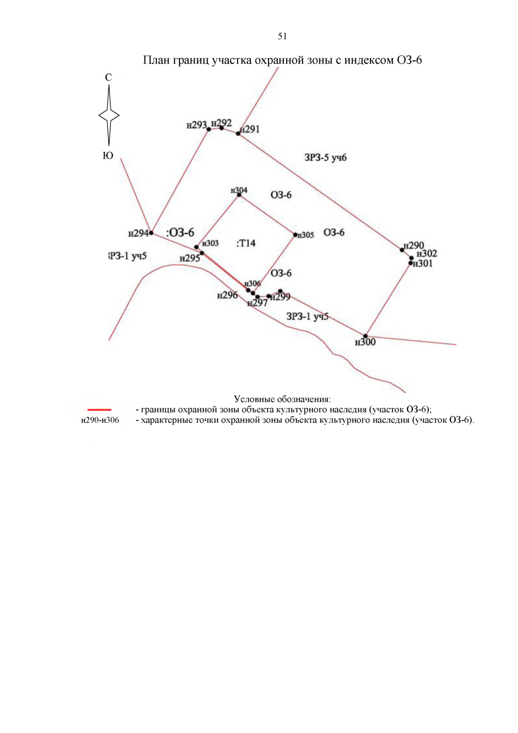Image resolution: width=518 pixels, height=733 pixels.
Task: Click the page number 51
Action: (282, 36)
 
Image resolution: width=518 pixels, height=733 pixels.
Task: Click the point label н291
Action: (250, 129)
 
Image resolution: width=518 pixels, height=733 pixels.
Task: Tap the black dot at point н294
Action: (151, 233)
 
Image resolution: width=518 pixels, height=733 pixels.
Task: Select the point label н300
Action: (365, 343)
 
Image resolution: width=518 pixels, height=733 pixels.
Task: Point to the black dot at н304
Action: (239, 195)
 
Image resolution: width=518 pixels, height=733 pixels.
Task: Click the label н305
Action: (306, 235)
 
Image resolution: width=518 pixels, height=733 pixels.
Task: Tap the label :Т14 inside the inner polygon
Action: (246, 243)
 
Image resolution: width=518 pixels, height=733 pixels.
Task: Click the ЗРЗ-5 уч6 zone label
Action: (325, 158)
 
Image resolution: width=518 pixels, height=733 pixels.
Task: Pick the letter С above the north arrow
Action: (108, 77)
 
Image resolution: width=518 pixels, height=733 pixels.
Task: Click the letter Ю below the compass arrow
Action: (108, 155)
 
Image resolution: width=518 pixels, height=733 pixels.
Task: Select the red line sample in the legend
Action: (99, 409)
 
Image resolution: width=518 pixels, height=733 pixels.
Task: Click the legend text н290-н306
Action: (100, 420)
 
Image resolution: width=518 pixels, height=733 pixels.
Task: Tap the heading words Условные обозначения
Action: (282, 399)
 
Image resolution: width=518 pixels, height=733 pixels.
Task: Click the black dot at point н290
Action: (402, 250)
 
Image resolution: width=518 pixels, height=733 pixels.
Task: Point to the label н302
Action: (427, 254)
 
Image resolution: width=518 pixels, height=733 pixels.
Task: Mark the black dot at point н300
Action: (365, 336)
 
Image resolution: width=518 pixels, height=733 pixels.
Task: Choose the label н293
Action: (196, 125)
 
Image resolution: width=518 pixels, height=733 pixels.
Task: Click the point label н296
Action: (227, 295)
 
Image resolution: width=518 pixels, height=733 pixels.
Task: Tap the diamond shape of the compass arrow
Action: (109, 115)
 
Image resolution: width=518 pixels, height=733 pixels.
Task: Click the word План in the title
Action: (156, 60)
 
